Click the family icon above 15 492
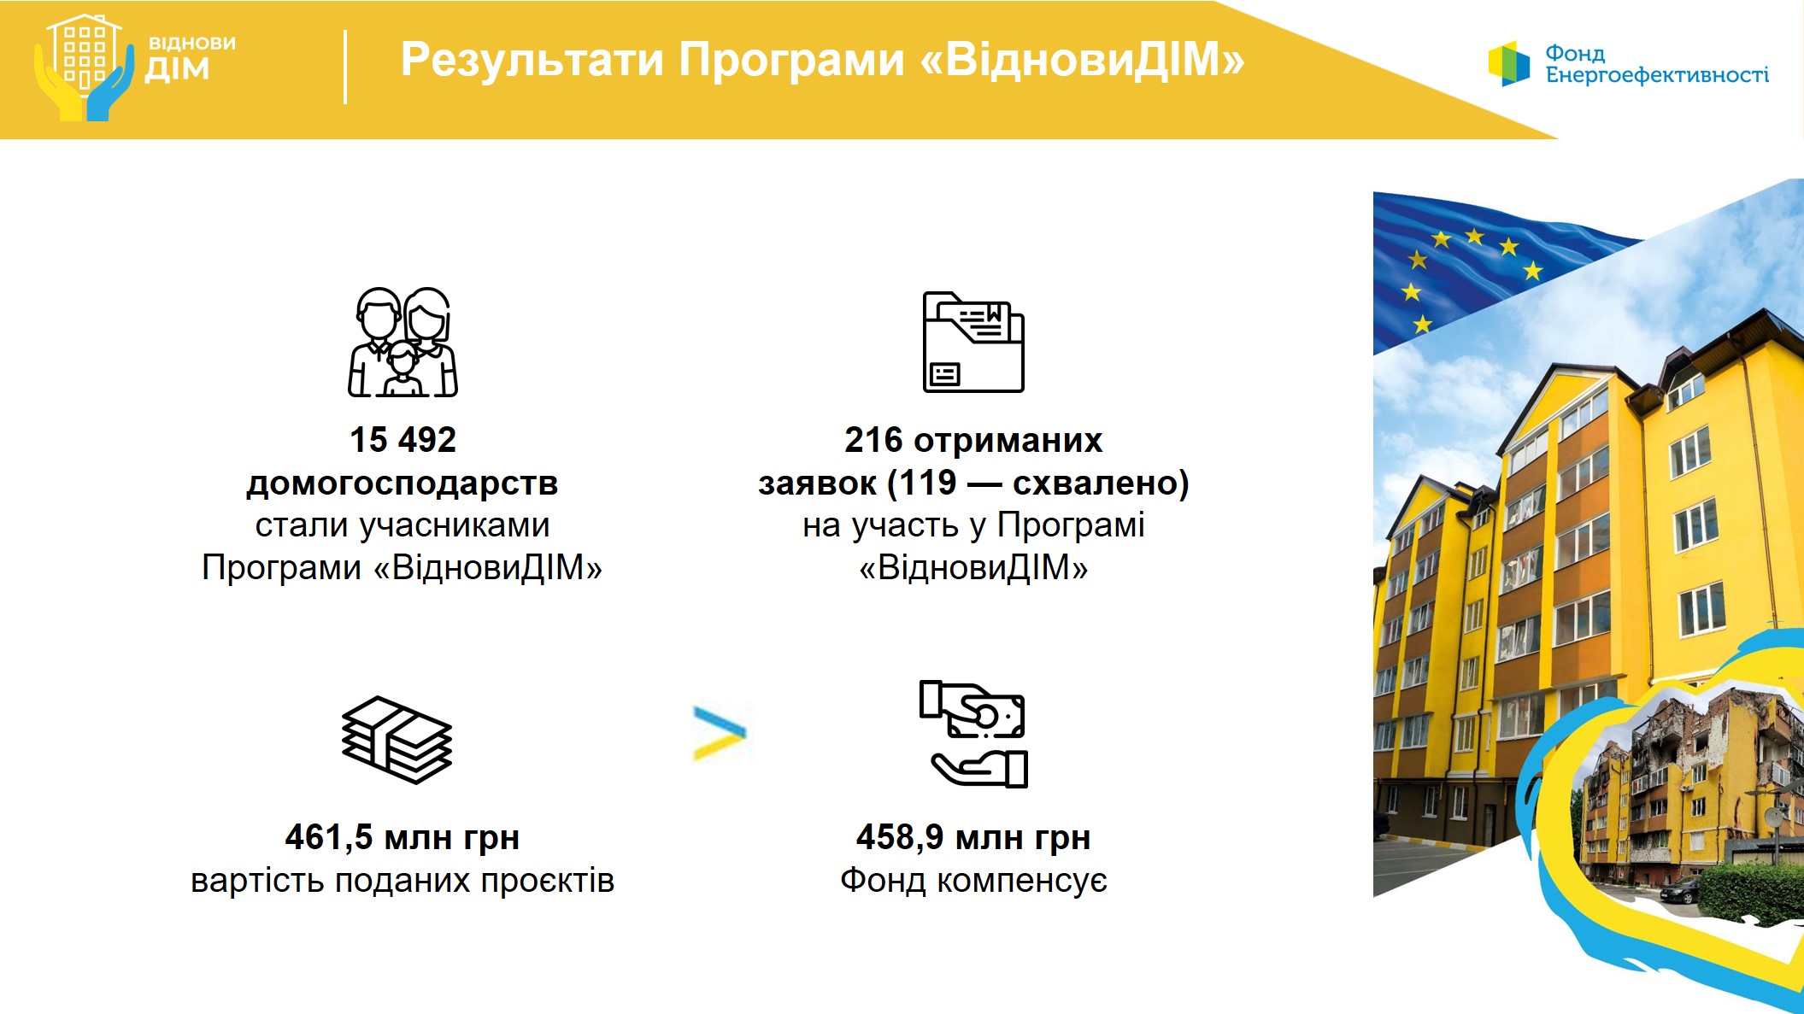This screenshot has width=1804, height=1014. click(x=403, y=342)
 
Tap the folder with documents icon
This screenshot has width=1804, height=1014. click(x=973, y=342)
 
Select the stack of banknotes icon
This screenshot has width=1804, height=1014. click(x=397, y=740)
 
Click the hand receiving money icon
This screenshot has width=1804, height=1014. click(x=973, y=734)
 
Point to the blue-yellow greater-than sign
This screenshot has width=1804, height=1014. click(x=720, y=733)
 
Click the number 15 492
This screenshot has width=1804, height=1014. click(x=403, y=440)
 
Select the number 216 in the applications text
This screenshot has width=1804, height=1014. click(x=873, y=440)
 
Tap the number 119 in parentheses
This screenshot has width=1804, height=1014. click(x=927, y=484)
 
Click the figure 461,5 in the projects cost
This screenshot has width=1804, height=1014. click(x=329, y=838)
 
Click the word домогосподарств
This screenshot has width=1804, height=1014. click(x=403, y=484)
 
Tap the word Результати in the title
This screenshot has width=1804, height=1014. click(x=532, y=60)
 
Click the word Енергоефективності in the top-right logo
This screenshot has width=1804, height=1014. click(x=1657, y=75)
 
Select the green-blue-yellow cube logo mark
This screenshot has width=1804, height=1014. click(x=1509, y=63)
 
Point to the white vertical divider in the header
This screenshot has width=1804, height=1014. click(x=345, y=67)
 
